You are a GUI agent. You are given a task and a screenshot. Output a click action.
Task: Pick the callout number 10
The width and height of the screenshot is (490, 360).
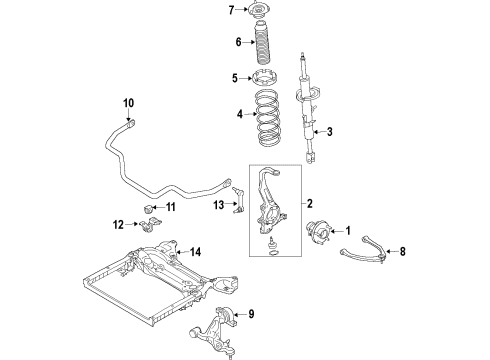(x=128, y=103)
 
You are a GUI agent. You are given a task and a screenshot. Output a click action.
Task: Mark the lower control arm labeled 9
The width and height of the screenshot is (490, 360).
(x=219, y=325)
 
